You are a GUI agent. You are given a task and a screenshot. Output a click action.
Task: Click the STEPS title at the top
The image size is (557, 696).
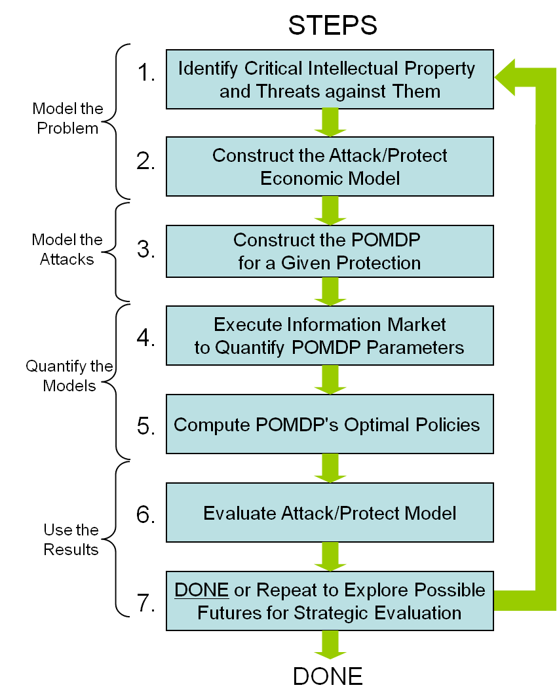tap(332, 25)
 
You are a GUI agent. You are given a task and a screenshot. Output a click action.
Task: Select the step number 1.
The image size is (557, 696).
tap(146, 72)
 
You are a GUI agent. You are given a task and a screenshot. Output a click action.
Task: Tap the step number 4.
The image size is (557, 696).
tap(145, 338)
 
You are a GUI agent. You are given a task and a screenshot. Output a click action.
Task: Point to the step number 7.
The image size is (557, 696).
tap(145, 603)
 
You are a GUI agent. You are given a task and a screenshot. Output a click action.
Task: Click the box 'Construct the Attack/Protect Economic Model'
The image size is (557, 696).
tap(330, 166)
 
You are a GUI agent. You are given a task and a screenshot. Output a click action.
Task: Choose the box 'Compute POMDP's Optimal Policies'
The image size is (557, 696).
tap(330, 424)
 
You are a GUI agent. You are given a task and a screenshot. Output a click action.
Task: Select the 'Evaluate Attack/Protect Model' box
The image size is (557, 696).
tap(330, 512)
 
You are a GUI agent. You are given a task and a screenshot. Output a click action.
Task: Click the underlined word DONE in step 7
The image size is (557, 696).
tap(201, 590)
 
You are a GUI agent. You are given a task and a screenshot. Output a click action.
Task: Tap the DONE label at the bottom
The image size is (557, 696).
tap(328, 676)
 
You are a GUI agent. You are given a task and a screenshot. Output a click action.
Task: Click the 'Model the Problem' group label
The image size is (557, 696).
tap(67, 118)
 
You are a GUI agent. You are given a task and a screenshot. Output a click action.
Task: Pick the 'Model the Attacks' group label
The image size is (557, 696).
tap(67, 249)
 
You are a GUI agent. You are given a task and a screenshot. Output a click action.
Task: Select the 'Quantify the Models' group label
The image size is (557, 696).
tap(69, 376)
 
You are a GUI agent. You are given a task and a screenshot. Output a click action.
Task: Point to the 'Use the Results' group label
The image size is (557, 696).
tap(71, 539)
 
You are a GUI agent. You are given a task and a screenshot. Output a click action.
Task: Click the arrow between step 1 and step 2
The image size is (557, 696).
tap(330, 123)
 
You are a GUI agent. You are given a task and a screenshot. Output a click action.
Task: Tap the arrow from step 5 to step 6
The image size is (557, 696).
tap(330, 469)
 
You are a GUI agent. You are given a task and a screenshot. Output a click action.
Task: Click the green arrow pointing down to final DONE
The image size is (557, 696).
tap(330, 645)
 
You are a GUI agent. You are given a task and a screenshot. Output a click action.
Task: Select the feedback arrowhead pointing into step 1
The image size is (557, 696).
tap(505, 77)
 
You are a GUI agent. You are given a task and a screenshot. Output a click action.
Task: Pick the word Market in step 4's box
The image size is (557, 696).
tap(416, 324)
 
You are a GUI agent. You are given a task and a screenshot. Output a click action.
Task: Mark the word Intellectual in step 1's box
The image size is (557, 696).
tap(353, 68)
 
